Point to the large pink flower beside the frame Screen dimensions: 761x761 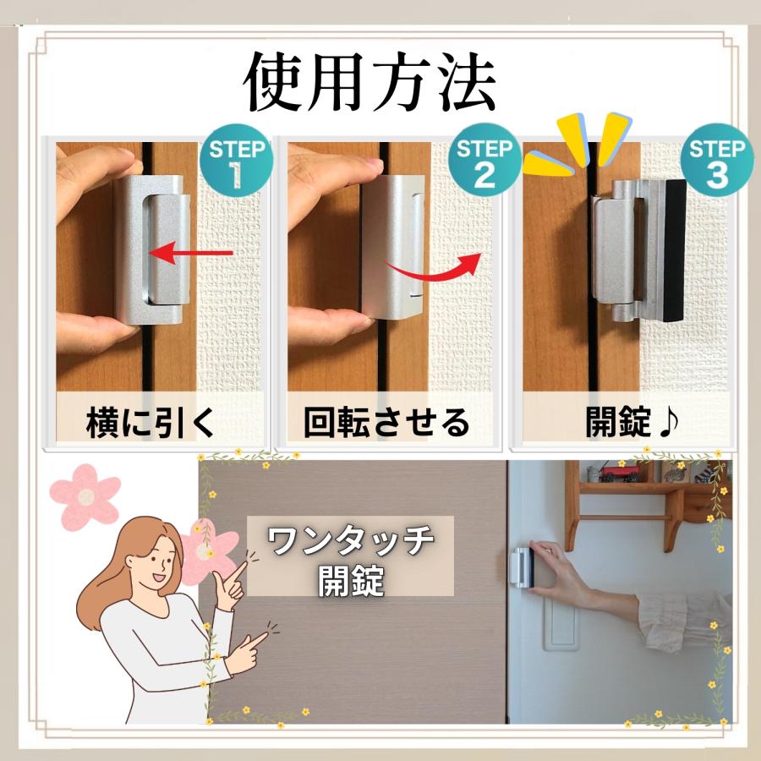pos(85,494)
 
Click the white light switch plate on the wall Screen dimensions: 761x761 pos(559,622)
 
